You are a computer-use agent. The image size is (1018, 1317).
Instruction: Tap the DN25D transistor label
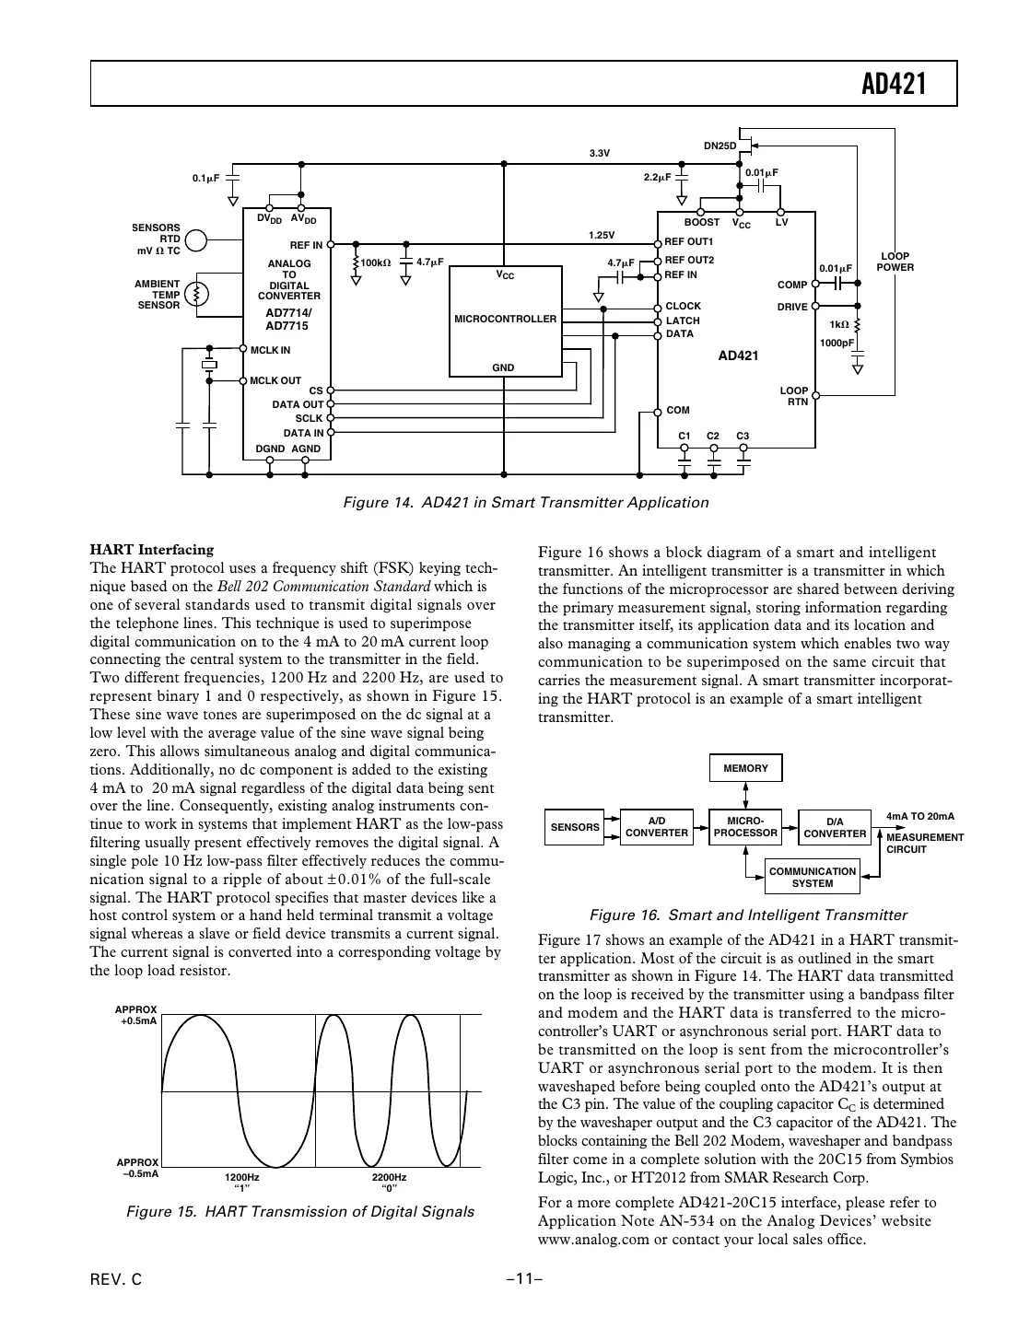pos(720,146)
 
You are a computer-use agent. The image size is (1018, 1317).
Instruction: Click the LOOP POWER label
pos(895,262)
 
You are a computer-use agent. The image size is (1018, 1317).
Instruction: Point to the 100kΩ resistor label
pos(375,262)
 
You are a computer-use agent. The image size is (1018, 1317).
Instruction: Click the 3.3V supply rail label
pos(600,153)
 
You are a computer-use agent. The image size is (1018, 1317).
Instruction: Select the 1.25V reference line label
pos(601,235)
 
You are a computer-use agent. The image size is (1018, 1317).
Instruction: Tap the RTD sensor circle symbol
pos(196,239)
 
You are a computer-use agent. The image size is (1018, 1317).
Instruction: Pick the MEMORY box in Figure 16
pos(745,768)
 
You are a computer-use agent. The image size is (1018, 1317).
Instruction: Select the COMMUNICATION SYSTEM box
pos(812,877)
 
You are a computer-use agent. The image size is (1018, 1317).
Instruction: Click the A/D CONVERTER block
pos(657,826)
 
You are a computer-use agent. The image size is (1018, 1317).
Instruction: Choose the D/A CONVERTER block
pos(835,827)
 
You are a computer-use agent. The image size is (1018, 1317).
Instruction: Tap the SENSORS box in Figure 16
pos(575,827)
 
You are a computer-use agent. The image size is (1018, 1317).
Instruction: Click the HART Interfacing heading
pos(151,550)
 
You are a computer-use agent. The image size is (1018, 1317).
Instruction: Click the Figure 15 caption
pos(299,1211)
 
